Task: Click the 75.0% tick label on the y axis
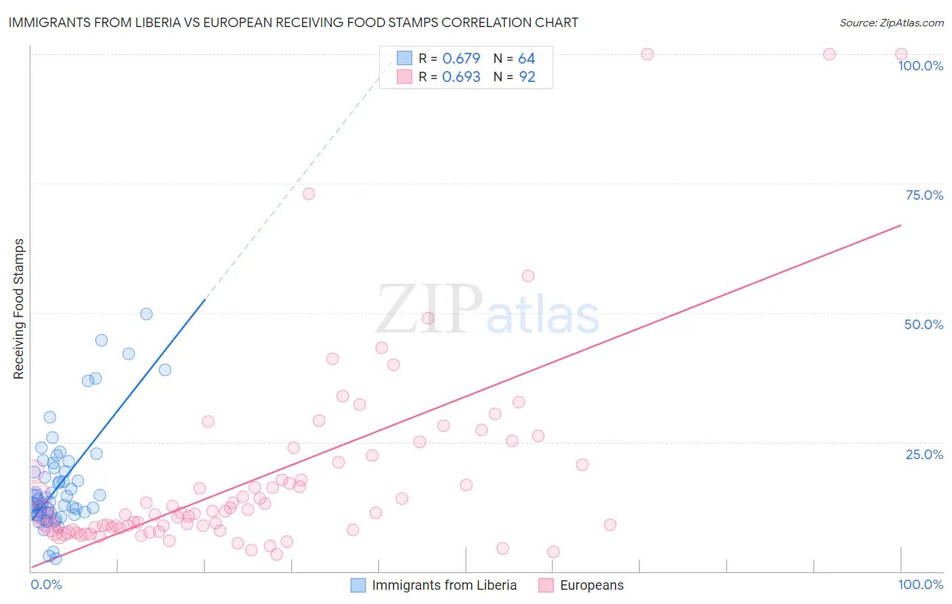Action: (924, 195)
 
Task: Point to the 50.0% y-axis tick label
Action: (924, 324)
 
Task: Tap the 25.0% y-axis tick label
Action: (924, 454)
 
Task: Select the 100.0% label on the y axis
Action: (920, 66)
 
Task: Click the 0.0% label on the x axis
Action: (46, 584)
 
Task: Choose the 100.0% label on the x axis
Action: (920, 584)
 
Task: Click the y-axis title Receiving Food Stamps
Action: (18, 309)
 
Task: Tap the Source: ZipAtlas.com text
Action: (891, 22)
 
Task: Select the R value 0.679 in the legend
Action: (461, 59)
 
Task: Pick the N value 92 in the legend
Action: (527, 77)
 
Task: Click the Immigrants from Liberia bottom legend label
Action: (444, 585)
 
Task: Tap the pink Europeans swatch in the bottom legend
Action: (546, 585)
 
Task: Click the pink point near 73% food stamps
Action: (309, 194)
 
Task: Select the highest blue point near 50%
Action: (146, 314)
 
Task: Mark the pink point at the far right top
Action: (901, 54)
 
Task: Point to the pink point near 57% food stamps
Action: (528, 276)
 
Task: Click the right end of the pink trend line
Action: (901, 225)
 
